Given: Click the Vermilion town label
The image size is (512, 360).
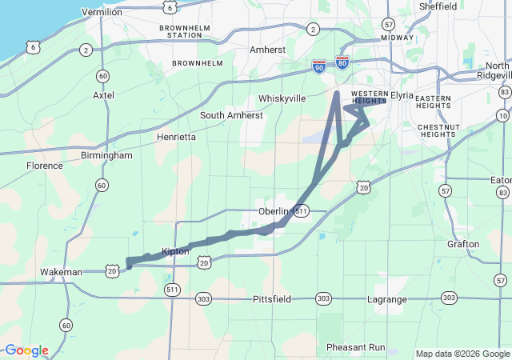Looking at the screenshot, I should [102, 12].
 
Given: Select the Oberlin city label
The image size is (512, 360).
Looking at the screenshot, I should [273, 210].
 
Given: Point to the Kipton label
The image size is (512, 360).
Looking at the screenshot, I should [175, 251].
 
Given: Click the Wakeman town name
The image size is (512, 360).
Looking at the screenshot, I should [61, 272].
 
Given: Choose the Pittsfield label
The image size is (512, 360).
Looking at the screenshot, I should [274, 298].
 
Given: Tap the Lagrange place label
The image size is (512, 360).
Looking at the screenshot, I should [386, 299].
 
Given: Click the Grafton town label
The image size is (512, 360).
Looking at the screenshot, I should [463, 244].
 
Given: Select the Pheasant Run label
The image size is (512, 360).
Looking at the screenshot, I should [356, 347].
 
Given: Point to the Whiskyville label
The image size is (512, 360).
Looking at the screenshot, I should [282, 98].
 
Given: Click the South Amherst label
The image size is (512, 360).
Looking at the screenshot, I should [231, 115].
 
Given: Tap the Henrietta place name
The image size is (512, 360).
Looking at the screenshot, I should [176, 138].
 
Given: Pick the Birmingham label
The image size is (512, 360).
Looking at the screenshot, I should [106, 155].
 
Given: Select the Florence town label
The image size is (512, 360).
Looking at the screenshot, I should [45, 166].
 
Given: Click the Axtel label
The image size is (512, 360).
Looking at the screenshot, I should [104, 94].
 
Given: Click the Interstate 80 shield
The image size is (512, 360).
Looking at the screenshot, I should [342, 62].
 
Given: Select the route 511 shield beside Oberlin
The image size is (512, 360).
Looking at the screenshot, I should [300, 210].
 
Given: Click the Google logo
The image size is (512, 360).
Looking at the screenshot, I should [26, 350].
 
